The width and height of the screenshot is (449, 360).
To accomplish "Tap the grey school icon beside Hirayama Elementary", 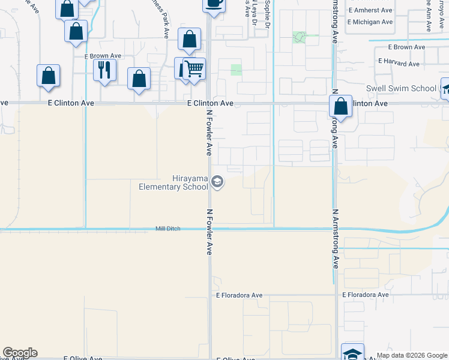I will pyautogui.click(x=217, y=182).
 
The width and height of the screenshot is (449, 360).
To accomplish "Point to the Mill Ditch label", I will pyautogui.click(x=167, y=229).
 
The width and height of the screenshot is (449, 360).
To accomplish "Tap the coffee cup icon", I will pyautogui.click(x=214, y=3).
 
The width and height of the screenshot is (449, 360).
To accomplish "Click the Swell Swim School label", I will pyautogui.click(x=401, y=89).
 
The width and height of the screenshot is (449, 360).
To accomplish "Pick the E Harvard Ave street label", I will pyautogui.click(x=398, y=62).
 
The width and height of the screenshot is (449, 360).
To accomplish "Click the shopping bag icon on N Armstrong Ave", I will pyautogui.click(x=340, y=107).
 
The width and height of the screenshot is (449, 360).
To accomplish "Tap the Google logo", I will pyautogui.click(x=20, y=353).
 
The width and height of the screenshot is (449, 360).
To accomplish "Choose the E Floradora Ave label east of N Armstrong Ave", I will pyautogui.click(x=365, y=295).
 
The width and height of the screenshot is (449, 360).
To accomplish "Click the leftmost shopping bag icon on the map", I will pyautogui.click(x=48, y=76).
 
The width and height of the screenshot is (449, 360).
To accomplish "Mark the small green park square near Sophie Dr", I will pyautogui.click(x=298, y=37).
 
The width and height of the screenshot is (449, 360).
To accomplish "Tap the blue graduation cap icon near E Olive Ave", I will pyautogui.click(x=352, y=353).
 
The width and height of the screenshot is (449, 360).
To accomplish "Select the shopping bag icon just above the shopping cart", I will pyautogui.click(x=189, y=40).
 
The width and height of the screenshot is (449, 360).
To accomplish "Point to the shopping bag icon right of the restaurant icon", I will pyautogui.click(x=139, y=78).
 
